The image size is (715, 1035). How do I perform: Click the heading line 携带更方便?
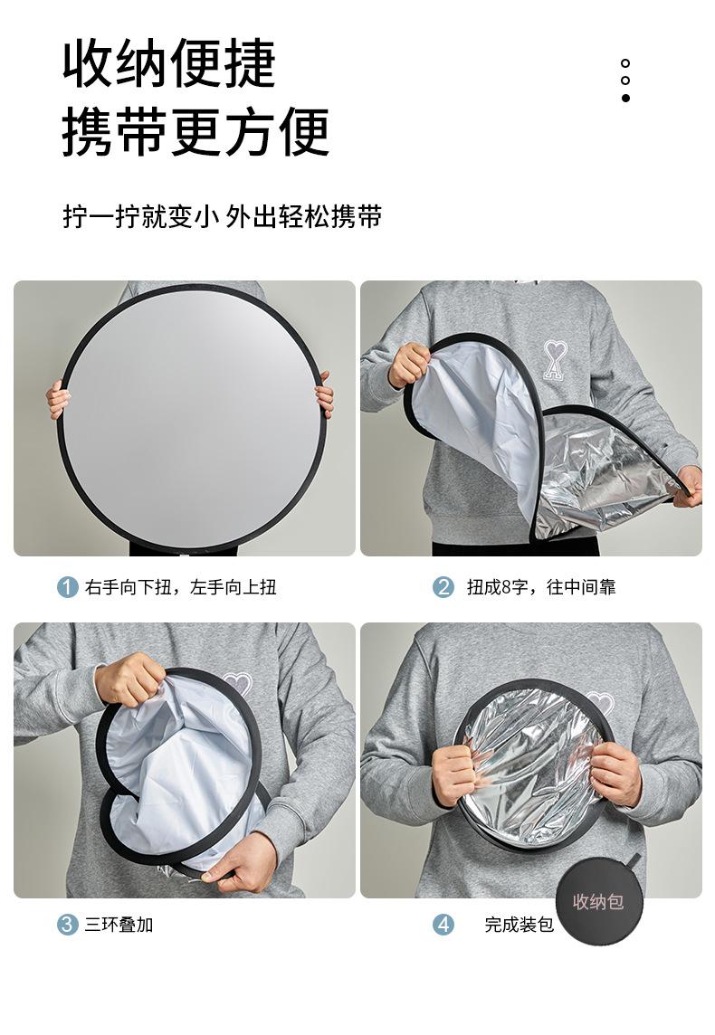pyautogui.click(x=195, y=131)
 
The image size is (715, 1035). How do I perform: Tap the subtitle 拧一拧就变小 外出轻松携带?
pyautogui.click(x=223, y=217)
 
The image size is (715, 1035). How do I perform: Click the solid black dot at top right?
pyautogui.click(x=625, y=98)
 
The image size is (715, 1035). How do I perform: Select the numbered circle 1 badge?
pyautogui.click(x=68, y=587)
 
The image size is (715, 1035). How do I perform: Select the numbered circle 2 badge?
pyautogui.click(x=443, y=587)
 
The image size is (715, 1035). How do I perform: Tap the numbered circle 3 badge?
pyautogui.click(x=68, y=925)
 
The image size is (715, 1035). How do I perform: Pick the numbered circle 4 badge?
pyautogui.click(x=443, y=925)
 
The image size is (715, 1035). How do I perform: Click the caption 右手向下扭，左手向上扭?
pyautogui.click(x=181, y=587)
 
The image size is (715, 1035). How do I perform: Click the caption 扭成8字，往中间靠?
pyautogui.click(x=541, y=587)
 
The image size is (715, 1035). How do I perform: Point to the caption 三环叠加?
pyautogui.click(x=119, y=925)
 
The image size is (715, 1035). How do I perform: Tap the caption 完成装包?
pyautogui.click(x=519, y=925)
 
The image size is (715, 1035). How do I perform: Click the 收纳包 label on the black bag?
pyautogui.click(x=598, y=902)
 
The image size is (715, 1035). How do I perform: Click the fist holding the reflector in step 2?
pyautogui.click(x=409, y=364)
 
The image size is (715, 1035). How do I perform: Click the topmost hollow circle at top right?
pyautogui.click(x=625, y=63)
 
